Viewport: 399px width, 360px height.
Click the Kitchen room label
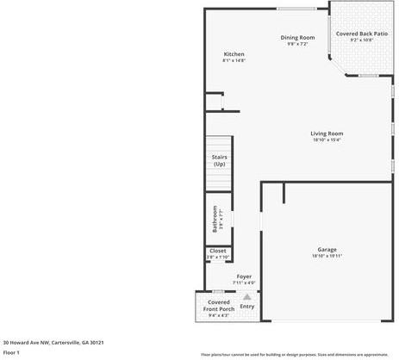tap(234, 54)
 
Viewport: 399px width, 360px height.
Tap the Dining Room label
tap(298, 37)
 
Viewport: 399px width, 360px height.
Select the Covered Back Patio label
tap(361, 34)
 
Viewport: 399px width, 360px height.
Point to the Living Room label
tap(327, 133)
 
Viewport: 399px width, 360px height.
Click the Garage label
tap(327, 250)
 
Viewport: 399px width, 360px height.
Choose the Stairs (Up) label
tap(219, 160)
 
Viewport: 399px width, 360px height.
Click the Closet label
tap(218, 251)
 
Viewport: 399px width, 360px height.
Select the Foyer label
tap(245, 276)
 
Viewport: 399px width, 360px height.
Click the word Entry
tap(247, 307)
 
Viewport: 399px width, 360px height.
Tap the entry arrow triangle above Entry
tap(247, 296)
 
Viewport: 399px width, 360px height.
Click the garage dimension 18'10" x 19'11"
tap(327, 257)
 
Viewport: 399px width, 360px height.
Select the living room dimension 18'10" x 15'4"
tap(327, 140)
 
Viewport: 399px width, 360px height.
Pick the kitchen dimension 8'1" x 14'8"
tap(234, 61)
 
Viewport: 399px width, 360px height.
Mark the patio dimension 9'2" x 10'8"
tap(361, 40)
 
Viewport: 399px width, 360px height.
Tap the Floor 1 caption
tap(11, 352)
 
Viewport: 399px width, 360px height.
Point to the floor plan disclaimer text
tap(294, 354)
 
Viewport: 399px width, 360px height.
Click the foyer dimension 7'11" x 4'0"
tap(245, 283)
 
